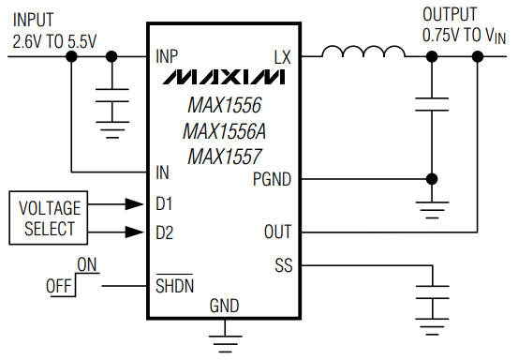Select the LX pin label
tap(282, 56)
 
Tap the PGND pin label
tap(273, 178)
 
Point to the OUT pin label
tap(278, 232)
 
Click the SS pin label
tap(283, 265)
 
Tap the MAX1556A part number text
tap(222, 130)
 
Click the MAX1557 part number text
tap(222, 156)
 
